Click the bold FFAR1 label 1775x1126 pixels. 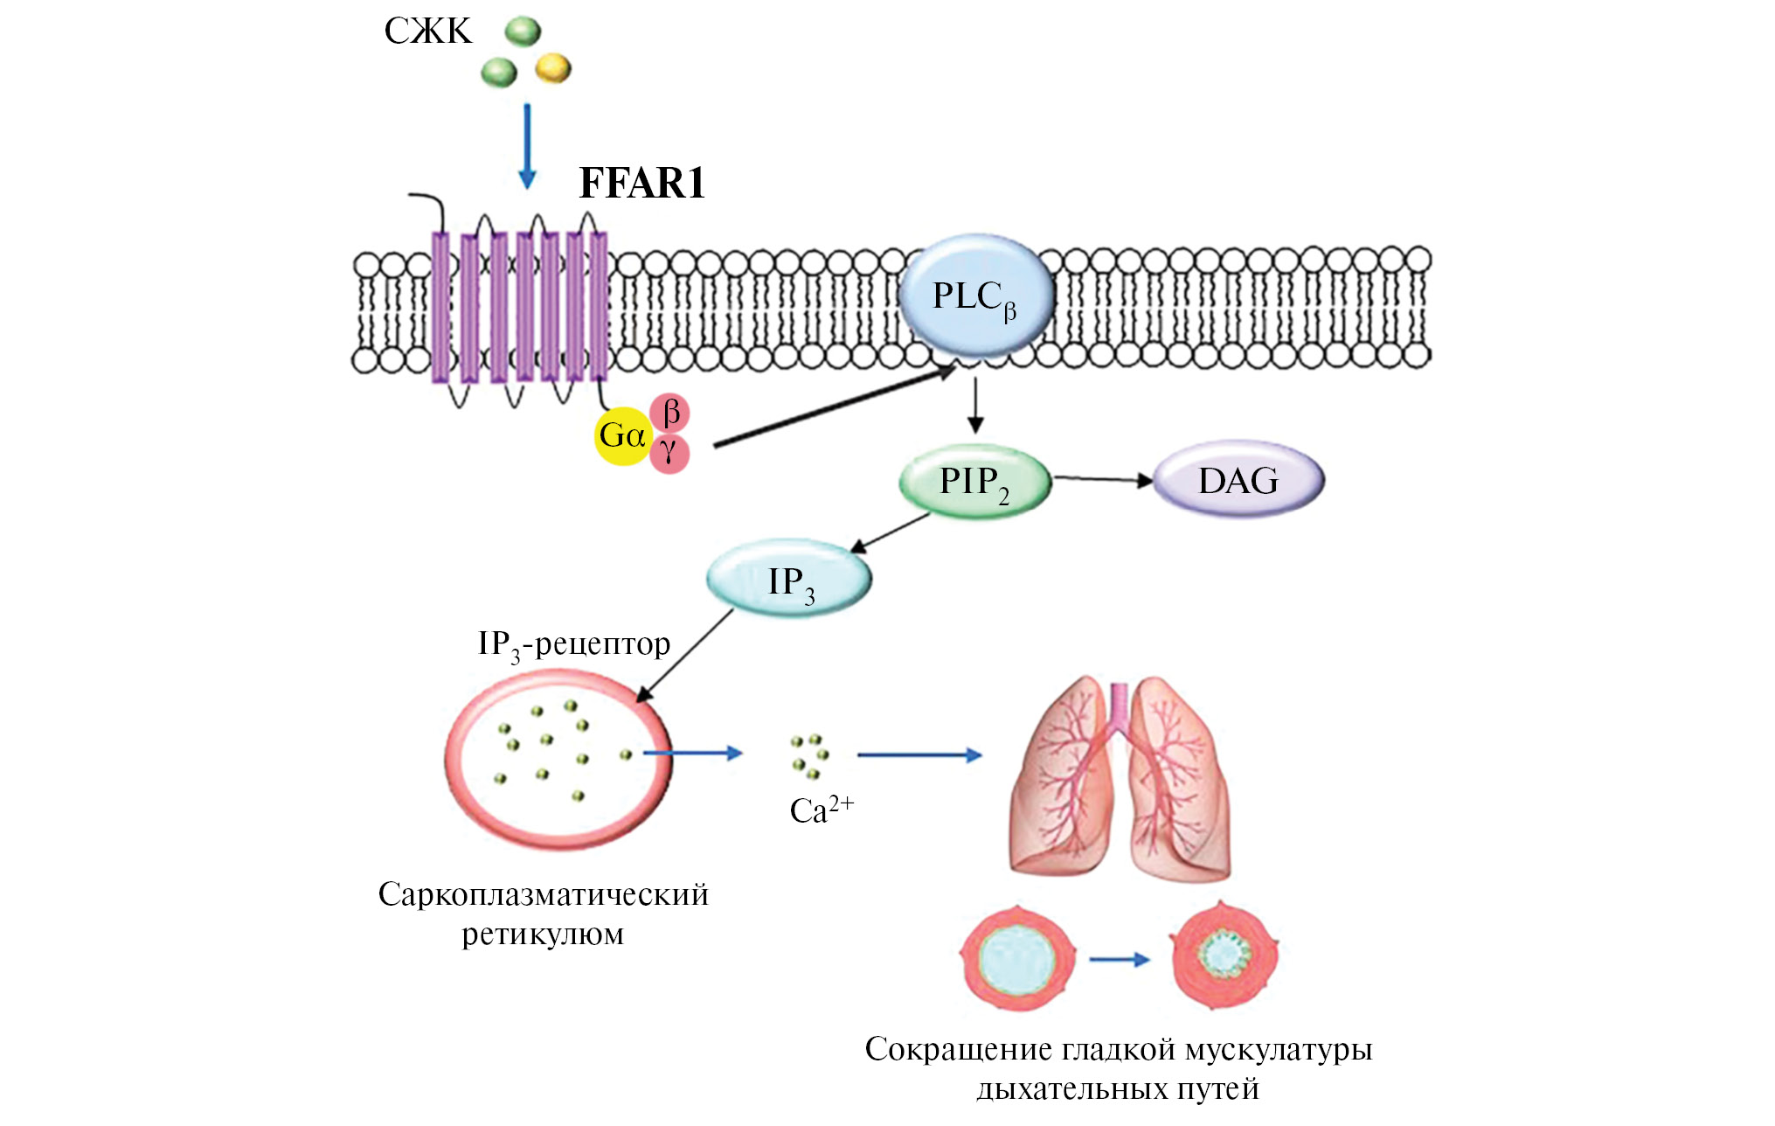[x=641, y=184]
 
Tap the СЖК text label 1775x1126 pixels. [x=427, y=31]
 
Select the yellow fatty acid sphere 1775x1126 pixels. [x=552, y=67]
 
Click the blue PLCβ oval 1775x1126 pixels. [x=974, y=296]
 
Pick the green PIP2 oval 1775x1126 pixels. [x=974, y=482]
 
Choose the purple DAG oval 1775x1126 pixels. [x=1238, y=480]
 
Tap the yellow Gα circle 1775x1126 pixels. [x=622, y=434]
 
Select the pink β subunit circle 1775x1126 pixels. [x=670, y=413]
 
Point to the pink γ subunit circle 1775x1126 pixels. [x=669, y=454]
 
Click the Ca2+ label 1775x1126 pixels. [x=821, y=810]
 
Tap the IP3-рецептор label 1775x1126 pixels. [x=573, y=644]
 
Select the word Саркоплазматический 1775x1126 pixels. [x=543, y=894]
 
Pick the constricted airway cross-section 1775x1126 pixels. [x=1223, y=956]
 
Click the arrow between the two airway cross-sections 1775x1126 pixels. [x=1120, y=959]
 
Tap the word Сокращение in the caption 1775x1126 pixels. [x=957, y=1049]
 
